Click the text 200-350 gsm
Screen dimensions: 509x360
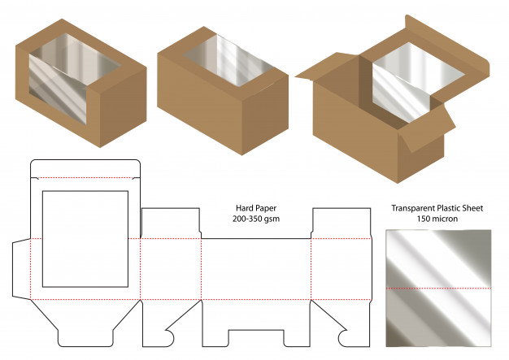coord(256,219)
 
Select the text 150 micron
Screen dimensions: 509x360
coord(437,219)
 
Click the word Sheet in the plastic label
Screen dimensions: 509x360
coord(472,208)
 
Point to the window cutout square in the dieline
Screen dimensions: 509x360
coord(85,239)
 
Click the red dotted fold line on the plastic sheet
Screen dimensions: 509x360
coord(438,288)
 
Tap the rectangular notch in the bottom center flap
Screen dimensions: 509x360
coord(256,338)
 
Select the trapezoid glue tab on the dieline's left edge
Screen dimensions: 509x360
coord(21,269)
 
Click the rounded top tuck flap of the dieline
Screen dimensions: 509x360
coord(85,169)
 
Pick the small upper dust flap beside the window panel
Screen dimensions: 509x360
coord(171,223)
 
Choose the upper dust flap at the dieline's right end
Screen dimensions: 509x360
coord(342,223)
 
